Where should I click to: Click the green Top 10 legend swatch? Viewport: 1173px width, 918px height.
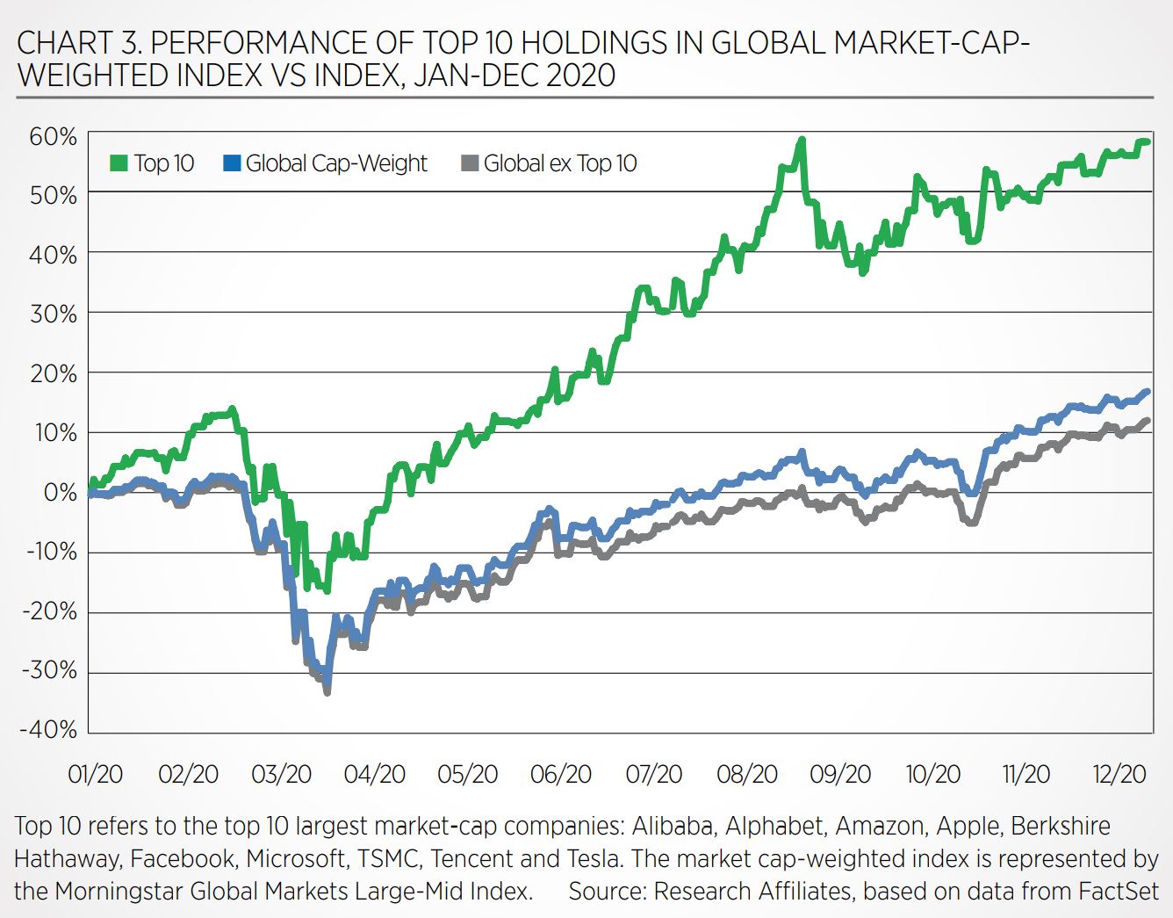pos(119,163)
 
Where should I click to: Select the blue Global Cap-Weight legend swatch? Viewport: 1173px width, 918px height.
pos(232,163)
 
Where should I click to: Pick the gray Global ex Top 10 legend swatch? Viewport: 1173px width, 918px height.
pos(470,163)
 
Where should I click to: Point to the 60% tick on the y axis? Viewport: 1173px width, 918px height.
pos(54,136)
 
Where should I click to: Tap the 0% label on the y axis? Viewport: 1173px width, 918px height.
pos(61,492)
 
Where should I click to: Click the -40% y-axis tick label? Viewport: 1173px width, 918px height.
pos(50,729)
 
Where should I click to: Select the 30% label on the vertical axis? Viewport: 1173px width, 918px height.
pos(54,314)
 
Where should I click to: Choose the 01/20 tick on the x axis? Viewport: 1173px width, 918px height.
pos(95,774)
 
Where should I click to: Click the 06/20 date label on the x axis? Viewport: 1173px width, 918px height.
pos(560,774)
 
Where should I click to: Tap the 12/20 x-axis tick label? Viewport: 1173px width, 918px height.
pos(1119,774)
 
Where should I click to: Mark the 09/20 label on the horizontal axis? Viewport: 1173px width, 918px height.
pos(840,774)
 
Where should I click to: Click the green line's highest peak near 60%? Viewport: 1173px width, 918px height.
pos(802,139)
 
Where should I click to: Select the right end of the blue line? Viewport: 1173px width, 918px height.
pos(1147,392)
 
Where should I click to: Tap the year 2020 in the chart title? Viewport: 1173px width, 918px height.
pos(580,76)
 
